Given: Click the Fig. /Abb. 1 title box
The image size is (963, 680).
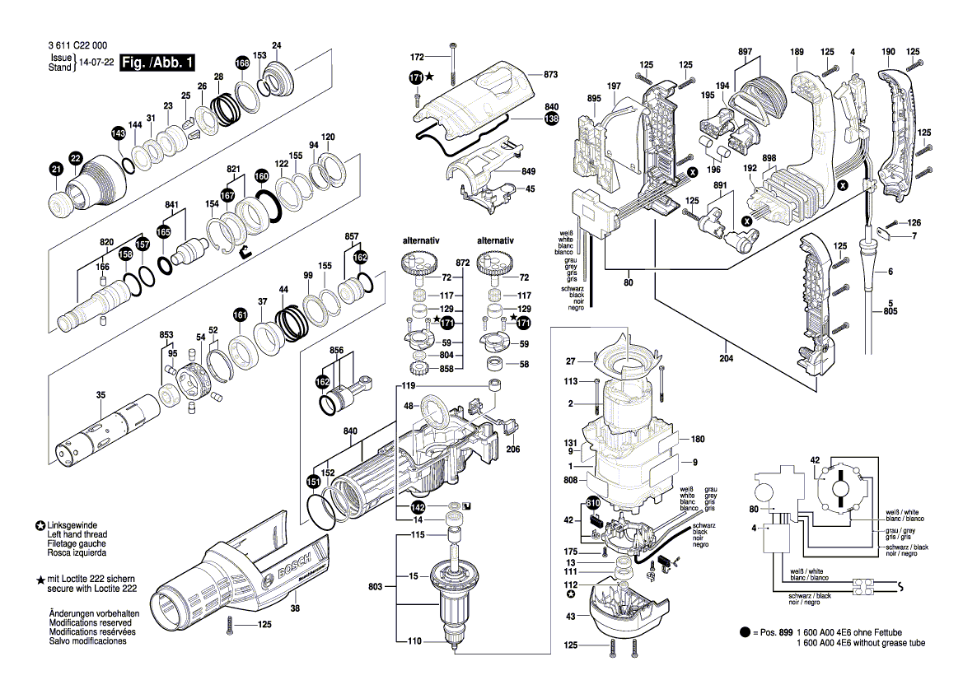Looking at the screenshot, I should [157, 63].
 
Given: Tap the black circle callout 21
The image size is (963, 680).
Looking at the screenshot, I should [55, 170].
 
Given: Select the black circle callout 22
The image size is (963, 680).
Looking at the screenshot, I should [76, 157].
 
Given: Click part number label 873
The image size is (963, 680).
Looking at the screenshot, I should [551, 75].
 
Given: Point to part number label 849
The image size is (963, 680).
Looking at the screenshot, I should [528, 171].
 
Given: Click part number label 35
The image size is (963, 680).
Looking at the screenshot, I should [101, 395].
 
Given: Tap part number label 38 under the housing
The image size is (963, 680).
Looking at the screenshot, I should [296, 609].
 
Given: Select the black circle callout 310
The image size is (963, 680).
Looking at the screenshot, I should [593, 503].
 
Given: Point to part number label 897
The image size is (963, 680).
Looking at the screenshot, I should [745, 52].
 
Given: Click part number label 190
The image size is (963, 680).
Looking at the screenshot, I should [887, 52].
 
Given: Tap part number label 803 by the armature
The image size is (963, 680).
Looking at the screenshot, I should [375, 586].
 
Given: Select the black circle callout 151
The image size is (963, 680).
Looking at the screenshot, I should [314, 482].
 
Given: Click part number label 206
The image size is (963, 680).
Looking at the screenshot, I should [512, 449].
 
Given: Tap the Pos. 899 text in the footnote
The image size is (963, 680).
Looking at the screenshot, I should [773, 632].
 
